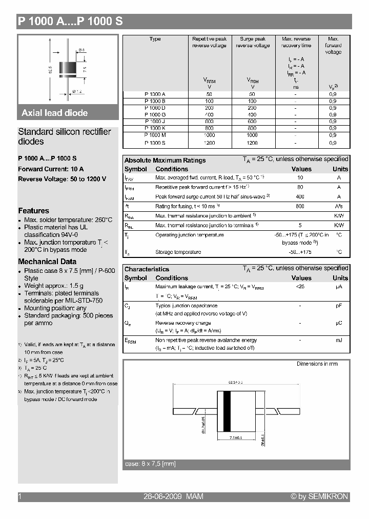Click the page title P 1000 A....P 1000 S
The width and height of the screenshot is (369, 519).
[x=70, y=22]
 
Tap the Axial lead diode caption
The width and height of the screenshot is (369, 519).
[x=54, y=113]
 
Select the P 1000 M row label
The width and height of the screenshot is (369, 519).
[x=155, y=135]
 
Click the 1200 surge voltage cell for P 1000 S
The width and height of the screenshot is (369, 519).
[x=252, y=143]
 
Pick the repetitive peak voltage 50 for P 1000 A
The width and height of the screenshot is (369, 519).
[x=209, y=94]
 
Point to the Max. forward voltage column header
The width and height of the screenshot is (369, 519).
[x=333, y=46]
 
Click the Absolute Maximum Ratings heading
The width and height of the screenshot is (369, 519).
[x=165, y=160]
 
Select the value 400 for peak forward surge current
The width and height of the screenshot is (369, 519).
[x=300, y=197]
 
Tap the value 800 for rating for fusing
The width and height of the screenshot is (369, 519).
[x=300, y=206]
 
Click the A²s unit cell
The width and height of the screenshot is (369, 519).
[x=339, y=206]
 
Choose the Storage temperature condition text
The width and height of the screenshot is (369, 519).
[x=178, y=252]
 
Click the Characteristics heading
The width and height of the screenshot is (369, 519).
[x=147, y=269]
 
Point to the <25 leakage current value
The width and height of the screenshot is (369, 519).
[x=300, y=287]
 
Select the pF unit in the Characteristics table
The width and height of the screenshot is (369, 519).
[x=339, y=306]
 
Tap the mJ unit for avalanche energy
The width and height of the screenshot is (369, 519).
[x=339, y=341]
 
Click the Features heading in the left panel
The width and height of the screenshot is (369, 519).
[x=34, y=211]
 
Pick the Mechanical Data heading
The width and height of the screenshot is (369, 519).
[x=47, y=262]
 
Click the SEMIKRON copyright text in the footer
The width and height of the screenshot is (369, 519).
[x=319, y=496]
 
